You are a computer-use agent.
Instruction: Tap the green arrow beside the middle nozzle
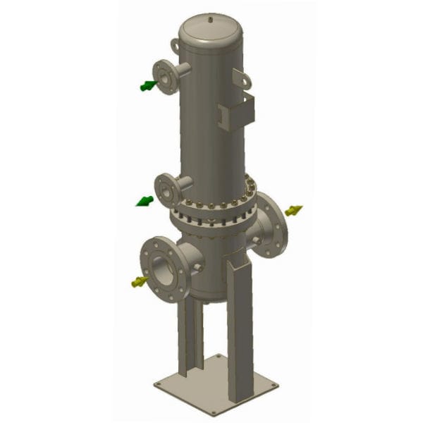click(x=145, y=202)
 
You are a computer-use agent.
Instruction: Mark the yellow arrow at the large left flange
click(x=138, y=283)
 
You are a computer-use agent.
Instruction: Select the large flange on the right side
click(x=272, y=224)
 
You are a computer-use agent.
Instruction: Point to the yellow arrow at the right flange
click(x=294, y=210)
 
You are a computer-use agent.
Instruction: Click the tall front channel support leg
click(x=239, y=324)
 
